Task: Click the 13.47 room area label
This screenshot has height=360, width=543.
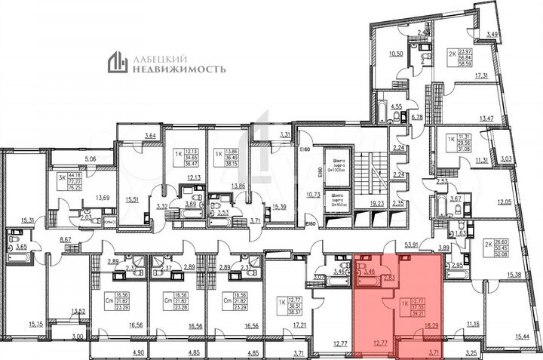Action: pyautogui.click(x=486, y=119)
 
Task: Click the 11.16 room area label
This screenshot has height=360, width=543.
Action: pyautogui.click(x=474, y=324)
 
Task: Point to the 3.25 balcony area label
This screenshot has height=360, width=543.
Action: pyautogui.click(x=471, y=352)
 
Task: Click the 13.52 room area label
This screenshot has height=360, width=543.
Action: pyautogui.click(x=77, y=309)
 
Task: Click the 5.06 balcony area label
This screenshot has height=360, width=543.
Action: pyautogui.click(x=90, y=159)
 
